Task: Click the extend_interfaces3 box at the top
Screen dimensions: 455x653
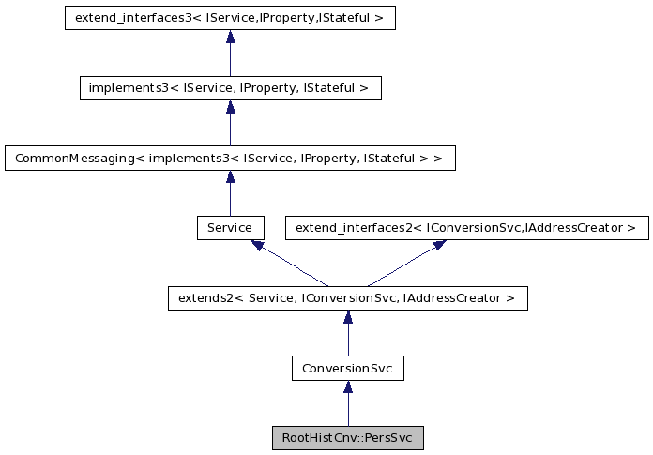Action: [x=230, y=18]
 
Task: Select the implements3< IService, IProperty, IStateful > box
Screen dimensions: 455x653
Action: [x=230, y=88]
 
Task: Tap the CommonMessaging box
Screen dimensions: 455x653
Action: [x=230, y=158]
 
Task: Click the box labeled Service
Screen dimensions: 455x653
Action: [x=230, y=228]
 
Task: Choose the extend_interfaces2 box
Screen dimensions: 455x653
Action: [x=466, y=228]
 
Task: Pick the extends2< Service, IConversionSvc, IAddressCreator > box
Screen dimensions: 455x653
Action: [x=347, y=298]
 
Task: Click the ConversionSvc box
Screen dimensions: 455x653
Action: [x=347, y=369]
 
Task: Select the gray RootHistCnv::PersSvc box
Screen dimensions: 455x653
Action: [x=347, y=438]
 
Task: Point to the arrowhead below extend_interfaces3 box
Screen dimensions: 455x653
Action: [x=230, y=37]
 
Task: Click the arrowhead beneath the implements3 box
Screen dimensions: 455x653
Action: [x=230, y=107]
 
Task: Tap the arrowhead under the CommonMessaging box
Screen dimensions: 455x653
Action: [x=230, y=176]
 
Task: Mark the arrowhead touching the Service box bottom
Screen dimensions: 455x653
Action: [x=256, y=245]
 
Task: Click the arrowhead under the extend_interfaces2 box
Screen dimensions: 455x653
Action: [x=438, y=245]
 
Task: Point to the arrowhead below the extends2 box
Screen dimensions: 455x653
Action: [x=347, y=317]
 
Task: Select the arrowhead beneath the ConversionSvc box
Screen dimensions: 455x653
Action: [x=347, y=387]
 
